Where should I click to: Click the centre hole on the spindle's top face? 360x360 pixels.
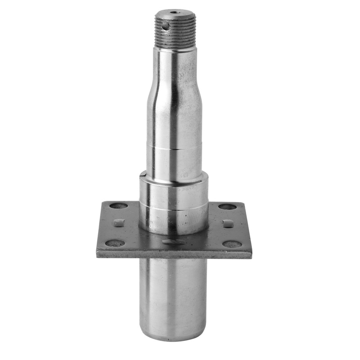(x=174, y=11)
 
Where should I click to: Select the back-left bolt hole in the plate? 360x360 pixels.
(x=119, y=206)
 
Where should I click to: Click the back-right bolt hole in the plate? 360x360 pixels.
(x=227, y=207)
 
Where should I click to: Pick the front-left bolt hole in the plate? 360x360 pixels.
(x=115, y=243)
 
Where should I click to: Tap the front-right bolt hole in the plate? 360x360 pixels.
(x=232, y=244)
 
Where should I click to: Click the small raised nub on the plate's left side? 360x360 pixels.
(x=119, y=222)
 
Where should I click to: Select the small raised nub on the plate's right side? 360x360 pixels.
(x=228, y=223)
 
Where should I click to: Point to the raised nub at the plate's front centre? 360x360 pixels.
(x=173, y=242)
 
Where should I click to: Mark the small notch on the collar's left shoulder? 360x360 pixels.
(x=142, y=173)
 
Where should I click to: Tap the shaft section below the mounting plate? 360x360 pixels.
(x=174, y=297)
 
